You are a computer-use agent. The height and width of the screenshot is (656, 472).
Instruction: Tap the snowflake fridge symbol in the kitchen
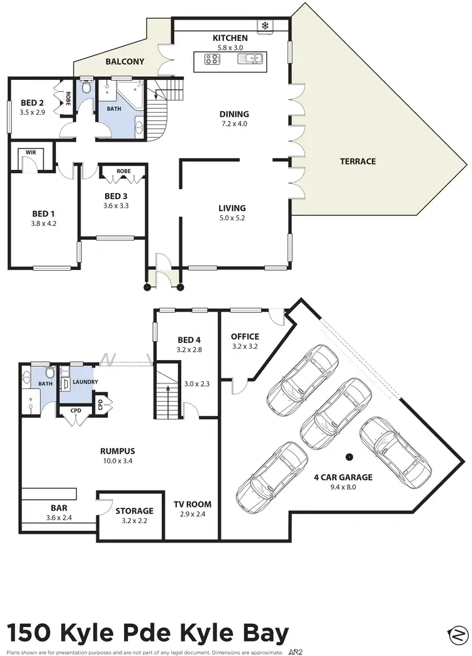[x=265, y=26]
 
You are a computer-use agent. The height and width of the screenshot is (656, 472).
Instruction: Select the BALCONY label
[x=125, y=62]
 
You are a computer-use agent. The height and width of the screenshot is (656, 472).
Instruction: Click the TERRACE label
[x=357, y=161]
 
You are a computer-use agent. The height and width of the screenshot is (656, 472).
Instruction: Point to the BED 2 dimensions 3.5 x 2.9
[x=31, y=113]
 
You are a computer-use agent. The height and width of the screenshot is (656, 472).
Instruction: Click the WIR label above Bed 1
[x=30, y=152]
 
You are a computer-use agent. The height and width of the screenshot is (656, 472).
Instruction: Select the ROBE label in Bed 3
[x=123, y=170]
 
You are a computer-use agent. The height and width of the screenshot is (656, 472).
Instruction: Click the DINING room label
[x=234, y=114]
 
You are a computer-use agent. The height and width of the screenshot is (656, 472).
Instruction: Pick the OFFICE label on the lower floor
[x=245, y=336]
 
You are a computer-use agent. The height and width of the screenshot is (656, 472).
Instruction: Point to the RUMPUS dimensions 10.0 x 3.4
[x=118, y=461]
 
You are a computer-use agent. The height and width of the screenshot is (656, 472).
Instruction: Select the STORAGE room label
[x=134, y=511]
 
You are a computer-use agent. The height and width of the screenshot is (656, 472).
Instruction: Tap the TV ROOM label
[x=193, y=504]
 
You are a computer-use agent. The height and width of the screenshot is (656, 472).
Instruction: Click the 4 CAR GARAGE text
[x=343, y=477]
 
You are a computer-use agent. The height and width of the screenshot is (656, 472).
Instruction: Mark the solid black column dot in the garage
[x=348, y=456]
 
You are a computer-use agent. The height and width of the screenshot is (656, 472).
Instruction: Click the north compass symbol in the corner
[x=457, y=635]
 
